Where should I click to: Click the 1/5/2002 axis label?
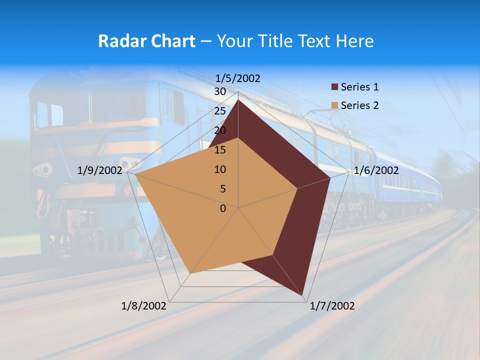[x=237, y=78]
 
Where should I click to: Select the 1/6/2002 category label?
[x=376, y=170]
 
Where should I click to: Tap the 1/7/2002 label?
[x=332, y=306]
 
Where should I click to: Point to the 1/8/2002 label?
[x=144, y=306]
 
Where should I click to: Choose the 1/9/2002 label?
[x=100, y=170]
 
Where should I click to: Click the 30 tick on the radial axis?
[x=220, y=91]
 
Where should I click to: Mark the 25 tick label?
[x=220, y=111]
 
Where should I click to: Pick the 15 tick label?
[x=220, y=150]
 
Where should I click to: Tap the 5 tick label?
[x=223, y=189]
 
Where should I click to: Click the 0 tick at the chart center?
[x=223, y=208]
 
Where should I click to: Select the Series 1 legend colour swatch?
[x=334, y=87]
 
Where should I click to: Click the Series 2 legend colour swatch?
[x=334, y=105]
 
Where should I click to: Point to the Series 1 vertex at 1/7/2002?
[x=303, y=295]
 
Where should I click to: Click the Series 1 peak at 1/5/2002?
[x=238, y=100]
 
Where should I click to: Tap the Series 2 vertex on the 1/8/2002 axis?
[x=190, y=273]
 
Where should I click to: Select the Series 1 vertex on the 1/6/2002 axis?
[x=330, y=178]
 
